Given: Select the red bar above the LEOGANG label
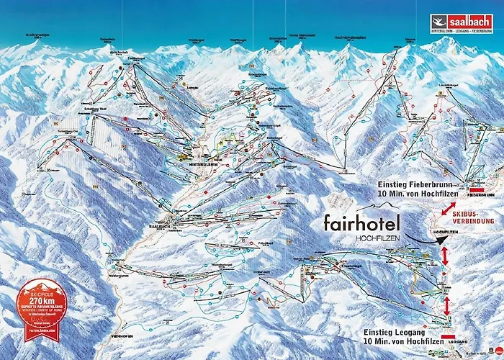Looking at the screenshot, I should pos(448,337).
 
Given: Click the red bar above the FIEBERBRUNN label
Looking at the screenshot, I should pos(477,187).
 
